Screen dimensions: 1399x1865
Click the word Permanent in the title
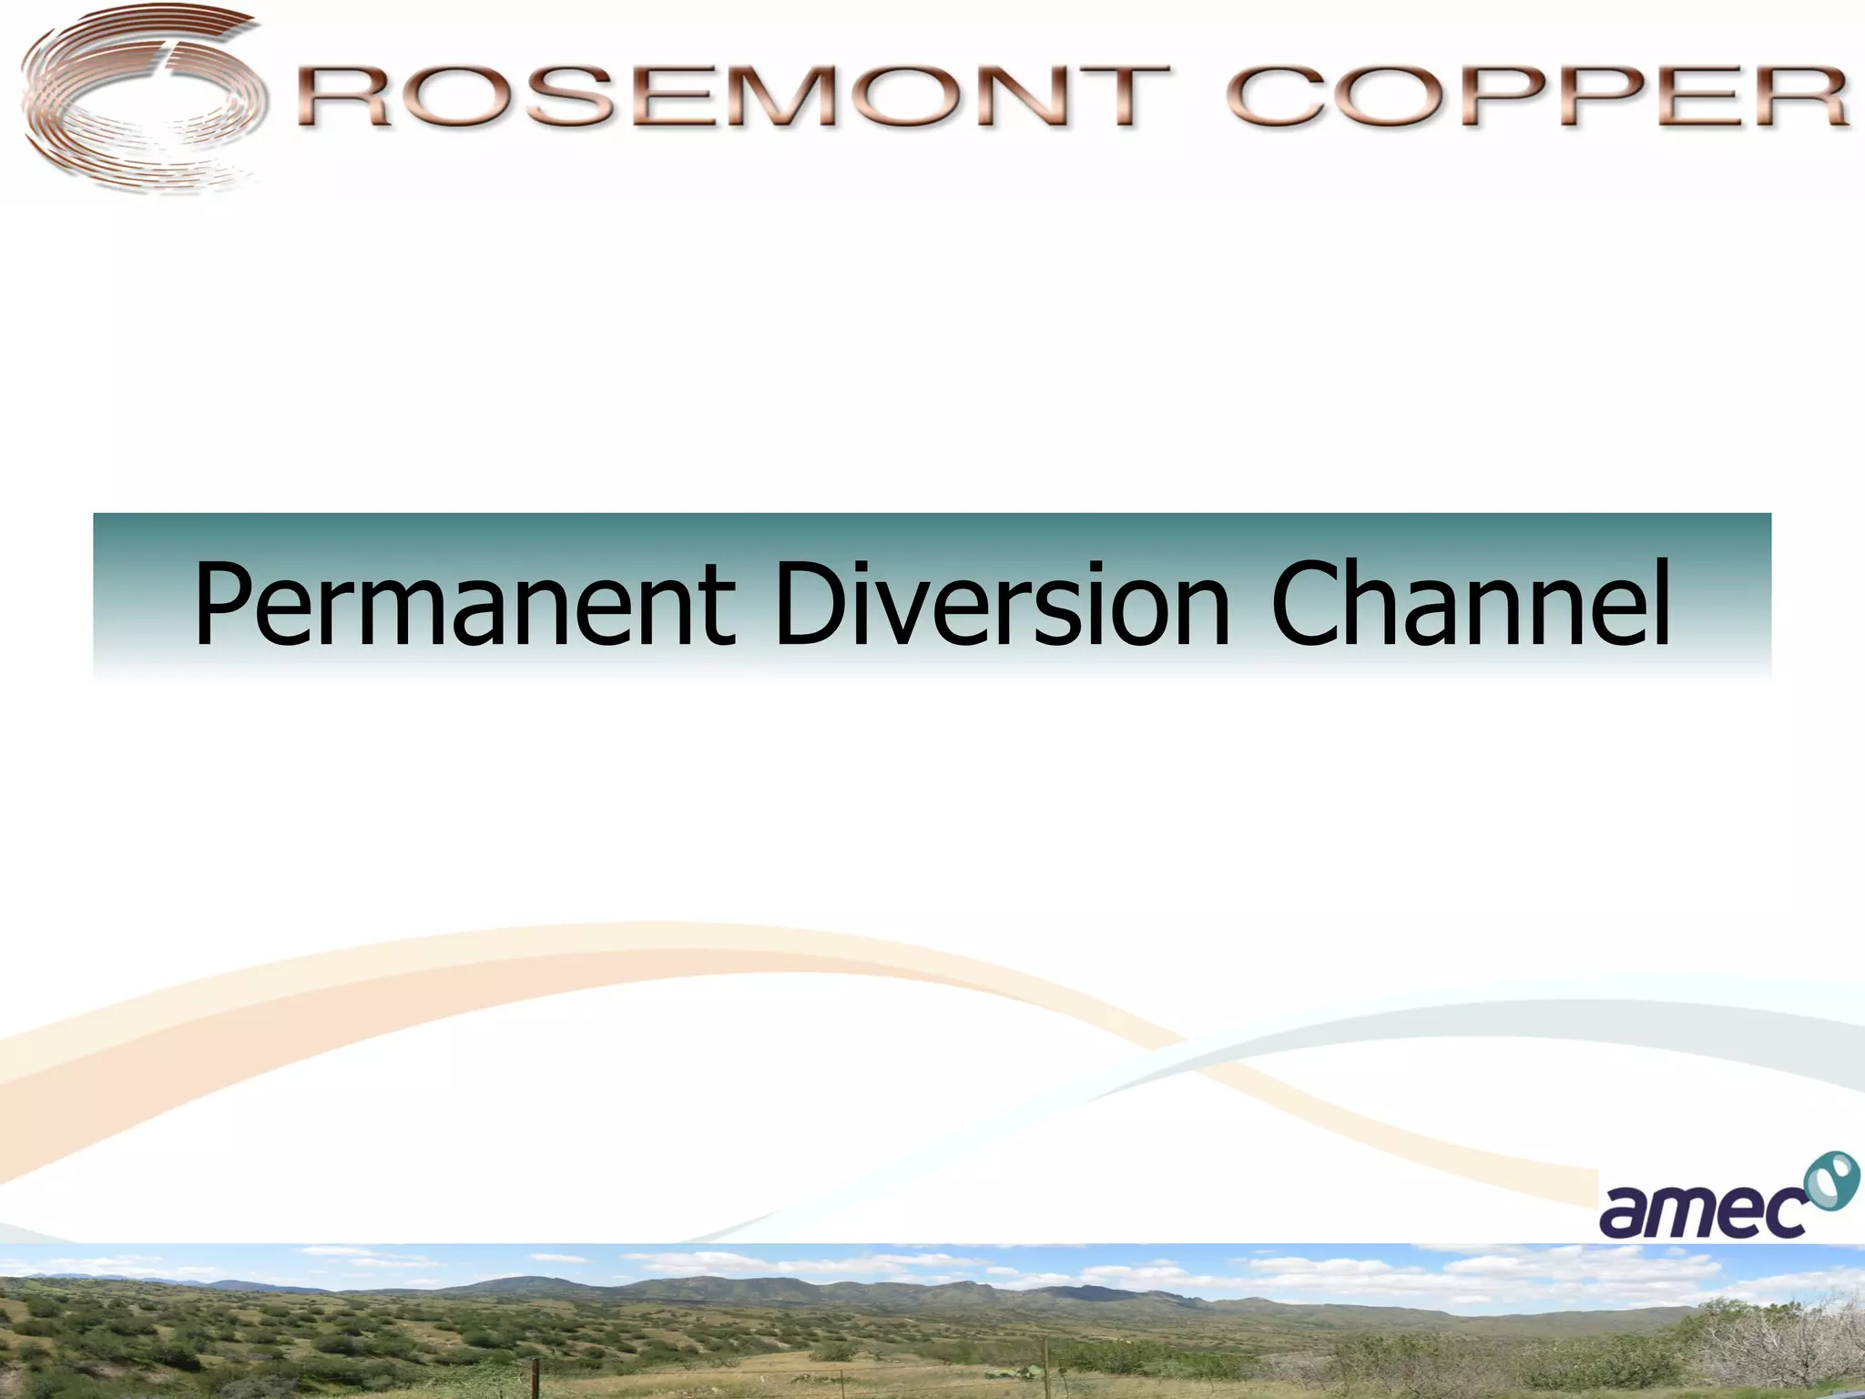[x=464, y=604]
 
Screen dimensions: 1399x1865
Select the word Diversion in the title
[x=1002, y=604]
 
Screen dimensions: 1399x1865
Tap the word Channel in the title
[x=1470, y=604]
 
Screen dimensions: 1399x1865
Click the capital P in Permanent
[x=224, y=604]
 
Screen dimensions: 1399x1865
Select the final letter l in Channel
[x=1660, y=601]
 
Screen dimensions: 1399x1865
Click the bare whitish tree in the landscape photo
[x=1785, y=1339]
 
